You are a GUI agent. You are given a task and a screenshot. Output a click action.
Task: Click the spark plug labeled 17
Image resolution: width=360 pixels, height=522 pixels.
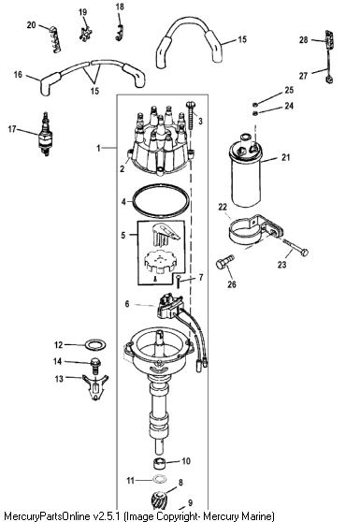[x=46, y=134]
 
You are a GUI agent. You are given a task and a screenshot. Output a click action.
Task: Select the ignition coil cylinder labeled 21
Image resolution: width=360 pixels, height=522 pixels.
[x=246, y=170]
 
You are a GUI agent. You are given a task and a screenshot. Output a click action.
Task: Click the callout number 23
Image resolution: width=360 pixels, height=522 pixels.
[x=281, y=265]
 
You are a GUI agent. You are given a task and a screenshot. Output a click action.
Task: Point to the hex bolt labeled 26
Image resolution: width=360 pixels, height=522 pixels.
[x=225, y=262]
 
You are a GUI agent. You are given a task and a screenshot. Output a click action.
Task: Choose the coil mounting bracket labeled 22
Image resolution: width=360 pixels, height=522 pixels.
[x=255, y=230]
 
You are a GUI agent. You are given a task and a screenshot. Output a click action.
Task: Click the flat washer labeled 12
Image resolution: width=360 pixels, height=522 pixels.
[x=95, y=345]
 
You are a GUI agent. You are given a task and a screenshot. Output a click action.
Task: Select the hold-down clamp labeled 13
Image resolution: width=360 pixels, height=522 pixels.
[x=95, y=387]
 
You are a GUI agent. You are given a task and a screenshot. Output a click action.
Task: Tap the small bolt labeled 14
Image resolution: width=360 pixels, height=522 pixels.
[x=95, y=365]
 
